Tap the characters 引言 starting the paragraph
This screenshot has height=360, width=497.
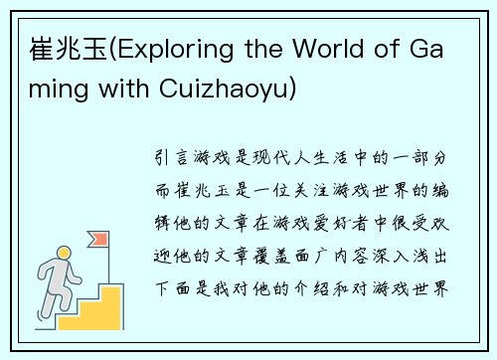click(178, 157)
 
